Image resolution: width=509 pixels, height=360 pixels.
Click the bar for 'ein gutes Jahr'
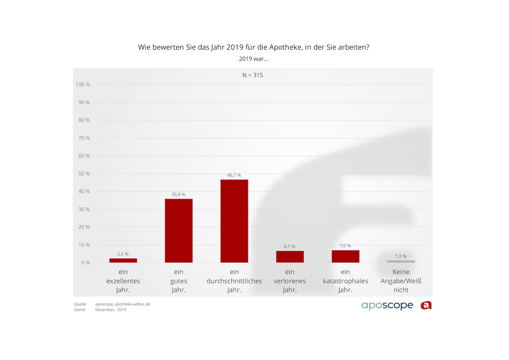(178, 231)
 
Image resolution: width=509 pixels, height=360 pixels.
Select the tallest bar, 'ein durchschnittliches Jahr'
(234, 221)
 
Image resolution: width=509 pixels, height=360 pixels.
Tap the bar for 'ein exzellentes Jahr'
(123, 260)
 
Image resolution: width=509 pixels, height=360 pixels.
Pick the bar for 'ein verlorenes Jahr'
(290, 257)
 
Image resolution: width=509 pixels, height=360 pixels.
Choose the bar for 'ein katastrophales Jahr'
(345, 256)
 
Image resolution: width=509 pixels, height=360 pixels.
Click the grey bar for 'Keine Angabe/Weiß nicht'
(401, 262)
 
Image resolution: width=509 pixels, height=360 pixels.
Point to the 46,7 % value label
(234, 175)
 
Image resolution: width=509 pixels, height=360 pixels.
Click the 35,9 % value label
(178, 195)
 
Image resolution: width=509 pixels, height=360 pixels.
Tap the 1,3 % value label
(401, 256)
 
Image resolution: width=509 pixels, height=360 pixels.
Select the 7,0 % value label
(345, 246)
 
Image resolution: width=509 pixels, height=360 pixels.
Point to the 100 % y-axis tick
(83, 85)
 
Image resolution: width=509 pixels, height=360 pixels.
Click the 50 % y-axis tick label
(84, 174)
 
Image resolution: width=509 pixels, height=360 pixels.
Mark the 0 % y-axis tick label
(86, 263)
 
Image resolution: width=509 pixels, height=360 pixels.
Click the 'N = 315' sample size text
(253, 75)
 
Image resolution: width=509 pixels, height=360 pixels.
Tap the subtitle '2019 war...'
(253, 59)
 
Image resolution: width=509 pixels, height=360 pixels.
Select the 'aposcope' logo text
(387, 306)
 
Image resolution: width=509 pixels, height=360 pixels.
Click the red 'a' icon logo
(426, 306)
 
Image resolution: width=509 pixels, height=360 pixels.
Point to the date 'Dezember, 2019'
(111, 310)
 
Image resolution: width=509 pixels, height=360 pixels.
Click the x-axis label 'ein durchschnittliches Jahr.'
(234, 281)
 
